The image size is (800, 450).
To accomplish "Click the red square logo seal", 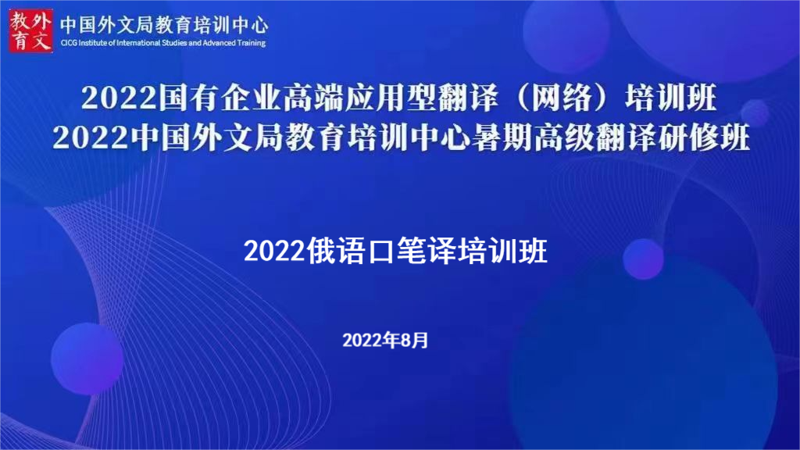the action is click(30, 30).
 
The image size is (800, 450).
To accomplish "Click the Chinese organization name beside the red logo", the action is click(164, 25).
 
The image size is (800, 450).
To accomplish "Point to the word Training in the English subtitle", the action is click(251, 43).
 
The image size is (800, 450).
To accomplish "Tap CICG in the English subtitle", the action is click(69, 43).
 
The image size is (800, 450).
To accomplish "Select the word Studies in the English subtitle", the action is click(174, 43).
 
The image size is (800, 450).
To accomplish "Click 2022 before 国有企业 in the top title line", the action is click(119, 98).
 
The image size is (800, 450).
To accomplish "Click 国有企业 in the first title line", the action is click(220, 98).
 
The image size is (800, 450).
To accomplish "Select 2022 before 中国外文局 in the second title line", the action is click(91, 137).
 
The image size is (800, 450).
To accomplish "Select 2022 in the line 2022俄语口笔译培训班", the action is click(274, 251).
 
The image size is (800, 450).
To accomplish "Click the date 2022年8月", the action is click(385, 341).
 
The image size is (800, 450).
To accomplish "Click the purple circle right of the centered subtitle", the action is click(644, 259).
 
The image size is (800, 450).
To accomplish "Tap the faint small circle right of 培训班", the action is click(755, 112).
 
